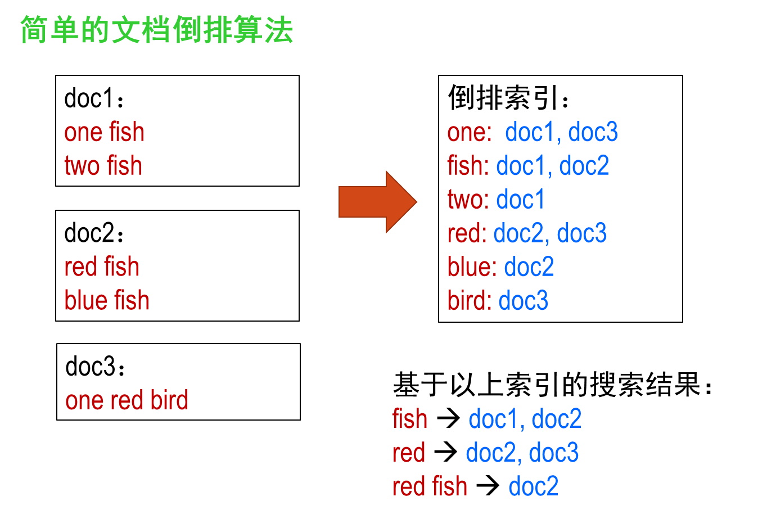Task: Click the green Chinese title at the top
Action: pyautogui.click(x=156, y=30)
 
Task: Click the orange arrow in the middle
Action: pyautogui.click(x=377, y=201)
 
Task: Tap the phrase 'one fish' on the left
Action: pyautogui.click(x=104, y=133)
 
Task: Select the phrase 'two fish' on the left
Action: pyautogui.click(x=103, y=166)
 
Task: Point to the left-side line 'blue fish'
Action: pyautogui.click(x=107, y=300)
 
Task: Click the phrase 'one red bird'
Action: pyautogui.click(x=127, y=400)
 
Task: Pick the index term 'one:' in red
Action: pyautogui.click(x=469, y=133)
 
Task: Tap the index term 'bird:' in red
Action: pyautogui.click(x=470, y=301)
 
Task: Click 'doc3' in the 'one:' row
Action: pyautogui.click(x=593, y=133)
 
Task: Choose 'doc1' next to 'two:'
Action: pyautogui.click(x=520, y=200)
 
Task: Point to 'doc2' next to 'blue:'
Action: pyautogui.click(x=529, y=267)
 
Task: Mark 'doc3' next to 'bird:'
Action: pyautogui.click(x=523, y=301)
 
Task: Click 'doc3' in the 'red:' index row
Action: pyautogui.click(x=581, y=233)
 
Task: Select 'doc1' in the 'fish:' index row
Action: pyautogui.click(x=521, y=166)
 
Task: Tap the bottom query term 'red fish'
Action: pyautogui.click(x=430, y=486)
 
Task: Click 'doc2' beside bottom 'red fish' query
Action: pyautogui.click(x=533, y=486)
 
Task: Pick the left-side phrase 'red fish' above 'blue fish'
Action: pyautogui.click(x=101, y=267)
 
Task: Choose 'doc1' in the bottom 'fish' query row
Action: pyautogui.click(x=493, y=419)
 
